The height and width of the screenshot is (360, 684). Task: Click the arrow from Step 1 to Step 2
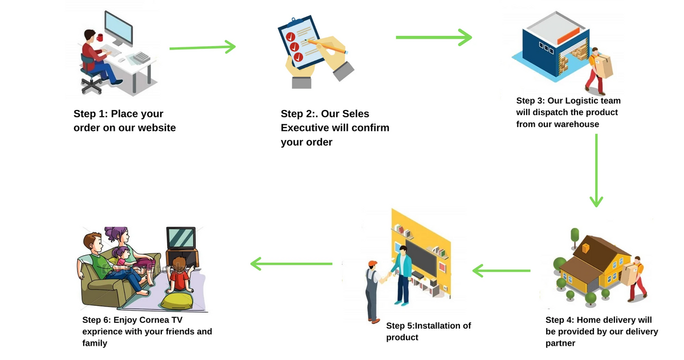202,47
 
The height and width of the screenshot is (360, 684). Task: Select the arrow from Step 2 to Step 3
433,38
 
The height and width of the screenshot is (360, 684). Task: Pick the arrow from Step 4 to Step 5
502,270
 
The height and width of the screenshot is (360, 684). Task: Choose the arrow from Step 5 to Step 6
291,263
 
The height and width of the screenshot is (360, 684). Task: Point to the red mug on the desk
100,38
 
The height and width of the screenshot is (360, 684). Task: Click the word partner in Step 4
560,343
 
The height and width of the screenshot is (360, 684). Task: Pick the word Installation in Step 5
441,326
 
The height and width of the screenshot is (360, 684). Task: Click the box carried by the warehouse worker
604,67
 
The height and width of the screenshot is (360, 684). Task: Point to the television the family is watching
181,237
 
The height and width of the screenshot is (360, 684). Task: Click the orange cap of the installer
373,263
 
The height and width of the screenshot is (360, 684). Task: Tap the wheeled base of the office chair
91,86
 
